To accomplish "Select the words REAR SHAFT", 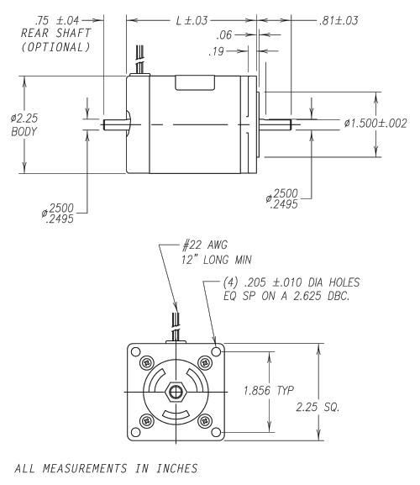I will coord(50,34).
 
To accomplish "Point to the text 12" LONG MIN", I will coord(220,261).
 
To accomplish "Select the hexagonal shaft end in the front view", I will coord(174,393).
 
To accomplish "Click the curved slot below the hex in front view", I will coord(174,416).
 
